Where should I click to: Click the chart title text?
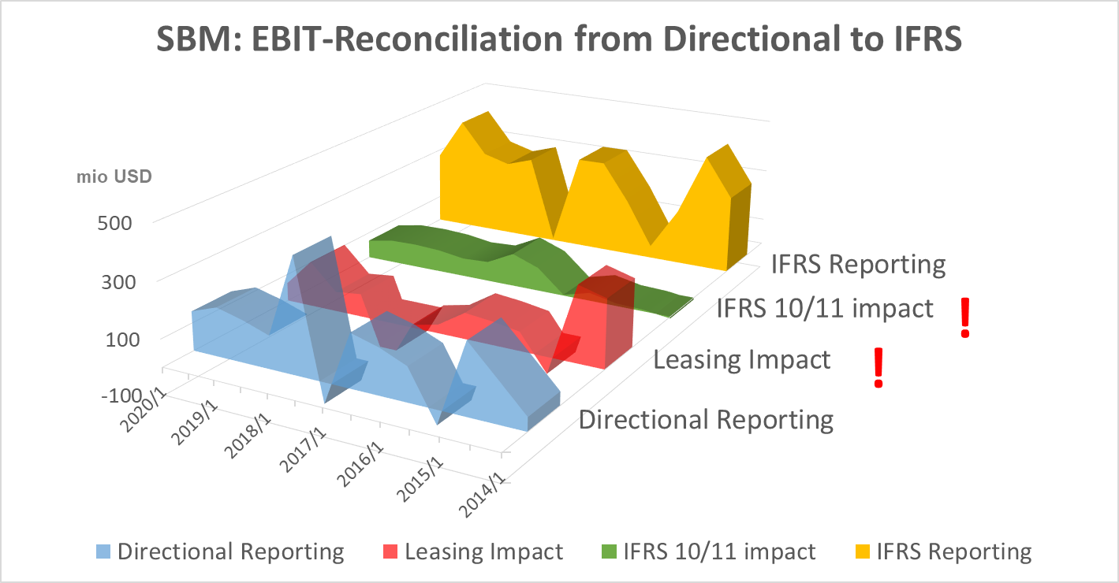coord(559,39)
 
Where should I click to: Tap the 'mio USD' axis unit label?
coord(114,176)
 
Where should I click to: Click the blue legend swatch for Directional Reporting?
coord(103,551)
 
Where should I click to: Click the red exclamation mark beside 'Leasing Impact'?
coord(878,368)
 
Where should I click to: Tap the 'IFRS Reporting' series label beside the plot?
coord(858,264)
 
